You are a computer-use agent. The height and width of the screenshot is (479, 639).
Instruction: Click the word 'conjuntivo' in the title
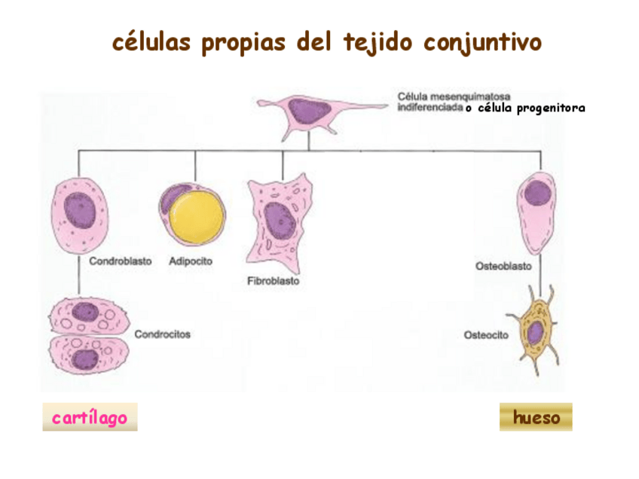483,42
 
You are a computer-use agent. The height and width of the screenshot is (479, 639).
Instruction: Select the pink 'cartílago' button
90,417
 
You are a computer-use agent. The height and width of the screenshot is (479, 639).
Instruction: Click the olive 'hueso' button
536,417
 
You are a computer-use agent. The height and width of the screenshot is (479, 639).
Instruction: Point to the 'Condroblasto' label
121,262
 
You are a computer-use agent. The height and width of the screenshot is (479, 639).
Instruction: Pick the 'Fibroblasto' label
273,282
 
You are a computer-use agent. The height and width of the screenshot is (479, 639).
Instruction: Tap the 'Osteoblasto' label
503,266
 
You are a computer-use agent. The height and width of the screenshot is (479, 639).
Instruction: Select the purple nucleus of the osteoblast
537,193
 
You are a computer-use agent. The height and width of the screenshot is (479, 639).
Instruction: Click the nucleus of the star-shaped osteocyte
536,332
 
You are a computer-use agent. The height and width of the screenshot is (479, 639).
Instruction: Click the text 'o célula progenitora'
524,108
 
